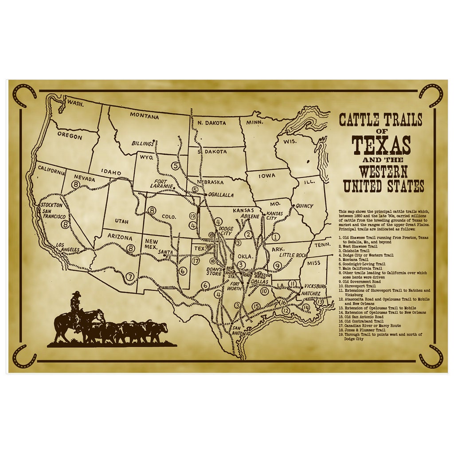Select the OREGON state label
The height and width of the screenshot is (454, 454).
(70, 136)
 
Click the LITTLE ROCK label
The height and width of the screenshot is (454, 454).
(293, 255)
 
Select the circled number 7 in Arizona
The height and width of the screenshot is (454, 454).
(130, 277)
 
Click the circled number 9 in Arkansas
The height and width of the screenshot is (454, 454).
(278, 266)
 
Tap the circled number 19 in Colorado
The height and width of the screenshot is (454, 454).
(192, 216)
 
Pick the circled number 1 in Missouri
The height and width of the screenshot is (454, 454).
(276, 237)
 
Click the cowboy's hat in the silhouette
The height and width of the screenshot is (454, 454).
(77, 294)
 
